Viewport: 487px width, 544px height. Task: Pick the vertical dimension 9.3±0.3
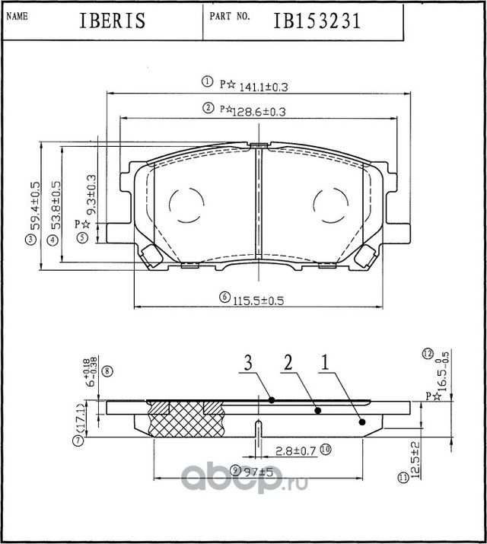click(x=90, y=194)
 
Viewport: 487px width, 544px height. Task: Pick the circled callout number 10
click(x=325, y=449)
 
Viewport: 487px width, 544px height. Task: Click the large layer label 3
click(x=248, y=364)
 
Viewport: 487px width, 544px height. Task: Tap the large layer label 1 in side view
click(x=325, y=364)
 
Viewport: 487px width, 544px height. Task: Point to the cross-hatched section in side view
click(x=186, y=418)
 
